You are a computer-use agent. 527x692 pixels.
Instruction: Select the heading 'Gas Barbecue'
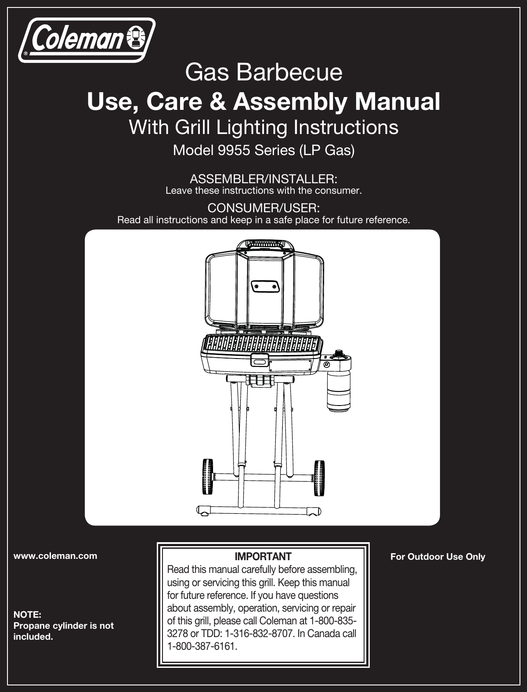coord(263,72)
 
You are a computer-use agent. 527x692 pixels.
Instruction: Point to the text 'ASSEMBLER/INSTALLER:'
coord(263,179)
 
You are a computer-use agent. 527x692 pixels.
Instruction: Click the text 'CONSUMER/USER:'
coord(263,207)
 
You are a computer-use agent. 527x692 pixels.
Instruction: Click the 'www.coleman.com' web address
coord(56,556)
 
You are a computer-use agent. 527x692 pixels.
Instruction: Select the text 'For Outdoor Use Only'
coord(437,557)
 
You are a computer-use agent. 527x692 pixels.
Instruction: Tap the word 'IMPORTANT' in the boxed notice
coord(263,557)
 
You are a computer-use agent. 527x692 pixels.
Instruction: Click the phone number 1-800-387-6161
coord(202,647)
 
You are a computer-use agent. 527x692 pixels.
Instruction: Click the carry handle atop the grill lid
coord(265,244)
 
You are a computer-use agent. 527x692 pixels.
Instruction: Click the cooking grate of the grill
coord(263,342)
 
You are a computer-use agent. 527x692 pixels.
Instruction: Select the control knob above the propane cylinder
coord(339,354)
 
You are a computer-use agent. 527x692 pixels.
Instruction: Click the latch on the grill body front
coord(259,361)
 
